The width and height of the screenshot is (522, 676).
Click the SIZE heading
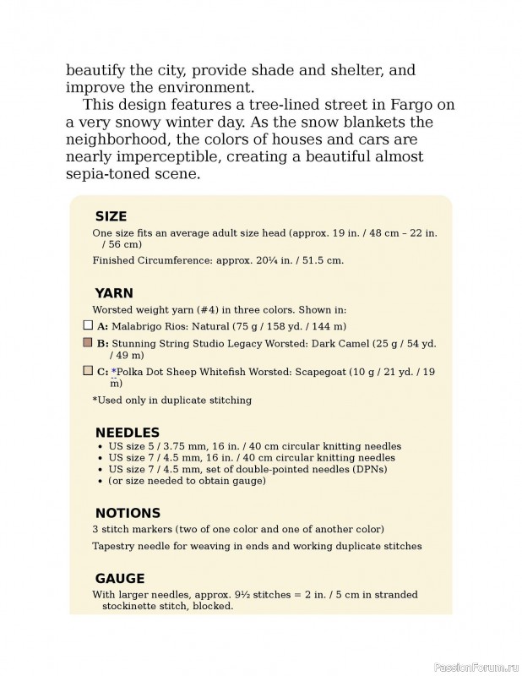point(111,216)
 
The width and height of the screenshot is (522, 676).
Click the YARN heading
point(114,293)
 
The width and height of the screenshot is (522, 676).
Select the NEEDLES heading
point(127,432)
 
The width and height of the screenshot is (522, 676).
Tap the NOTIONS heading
point(128,513)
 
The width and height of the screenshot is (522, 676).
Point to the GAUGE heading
point(120,579)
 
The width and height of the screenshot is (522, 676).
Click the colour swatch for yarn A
point(88,325)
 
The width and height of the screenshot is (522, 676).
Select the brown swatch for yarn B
point(88,343)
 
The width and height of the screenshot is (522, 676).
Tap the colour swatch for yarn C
point(88,370)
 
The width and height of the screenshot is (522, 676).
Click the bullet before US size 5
point(101,446)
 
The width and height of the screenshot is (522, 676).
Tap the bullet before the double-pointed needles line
point(101,469)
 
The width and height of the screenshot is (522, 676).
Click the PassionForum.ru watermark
point(476,667)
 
